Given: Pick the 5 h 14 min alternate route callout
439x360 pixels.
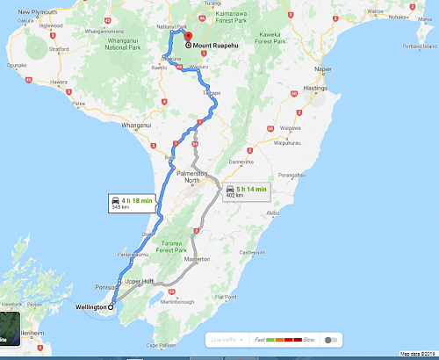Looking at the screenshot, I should [x=245, y=191].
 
